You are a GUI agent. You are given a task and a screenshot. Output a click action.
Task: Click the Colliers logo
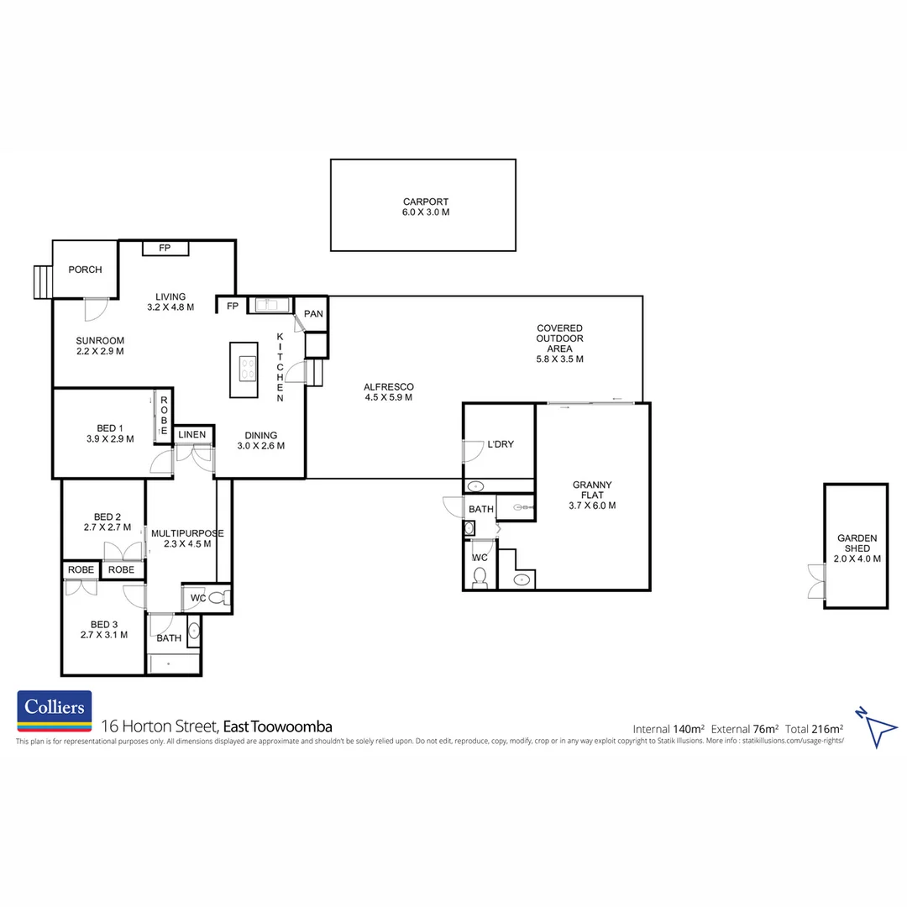coord(55,711)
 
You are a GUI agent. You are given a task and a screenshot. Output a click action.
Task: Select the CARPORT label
coord(426,202)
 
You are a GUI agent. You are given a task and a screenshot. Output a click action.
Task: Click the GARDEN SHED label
coord(857,543)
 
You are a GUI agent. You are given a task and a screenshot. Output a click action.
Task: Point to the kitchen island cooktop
coord(248,369)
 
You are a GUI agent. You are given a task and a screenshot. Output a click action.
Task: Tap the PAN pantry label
coord(313,313)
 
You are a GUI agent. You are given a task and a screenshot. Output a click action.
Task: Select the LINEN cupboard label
coord(192,434)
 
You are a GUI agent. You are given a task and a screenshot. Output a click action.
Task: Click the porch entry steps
coord(43,281)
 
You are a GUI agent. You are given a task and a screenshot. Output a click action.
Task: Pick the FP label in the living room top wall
coord(165,248)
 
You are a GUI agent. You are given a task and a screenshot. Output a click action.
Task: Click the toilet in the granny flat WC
coord(480,577)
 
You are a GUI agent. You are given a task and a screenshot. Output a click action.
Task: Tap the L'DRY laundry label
coord(501,444)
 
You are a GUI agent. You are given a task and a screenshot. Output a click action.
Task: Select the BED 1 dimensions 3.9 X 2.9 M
coord(110,439)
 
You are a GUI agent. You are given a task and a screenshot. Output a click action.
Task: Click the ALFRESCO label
coord(389,387)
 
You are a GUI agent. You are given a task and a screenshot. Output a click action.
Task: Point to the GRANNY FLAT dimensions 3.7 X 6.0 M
coord(592,506)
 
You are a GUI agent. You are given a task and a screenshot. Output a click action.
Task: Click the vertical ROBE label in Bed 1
coord(164,416)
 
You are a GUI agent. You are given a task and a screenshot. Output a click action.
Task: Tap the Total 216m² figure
coord(814,729)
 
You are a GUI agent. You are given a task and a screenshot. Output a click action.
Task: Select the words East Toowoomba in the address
coord(278,726)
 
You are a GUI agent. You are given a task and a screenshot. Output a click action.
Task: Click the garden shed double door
coord(816,581)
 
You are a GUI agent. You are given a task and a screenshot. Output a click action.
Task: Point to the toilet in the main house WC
coord(218,598)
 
